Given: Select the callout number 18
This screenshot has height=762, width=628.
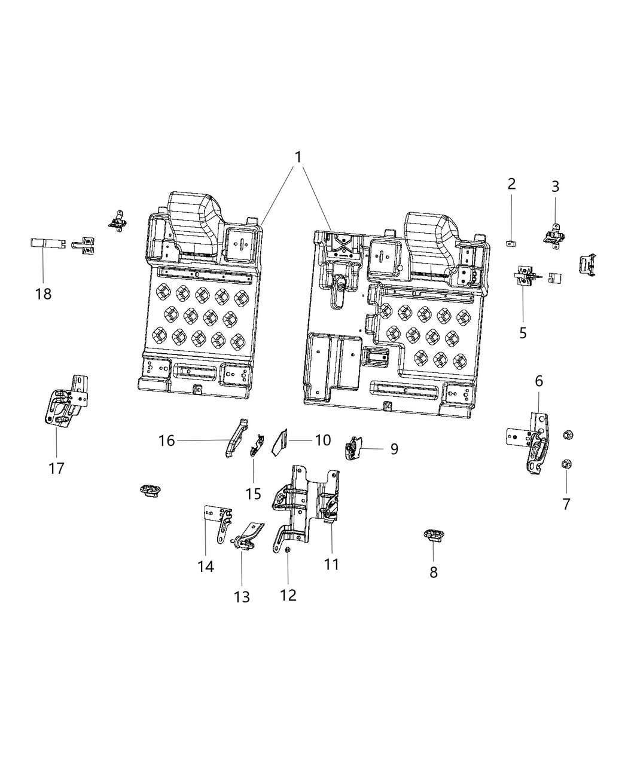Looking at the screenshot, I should pyautogui.click(x=43, y=294).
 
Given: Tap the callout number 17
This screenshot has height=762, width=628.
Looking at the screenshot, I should pyautogui.click(x=56, y=468).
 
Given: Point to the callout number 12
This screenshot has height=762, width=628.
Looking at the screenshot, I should pyautogui.click(x=288, y=595).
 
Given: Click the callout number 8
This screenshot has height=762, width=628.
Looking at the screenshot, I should pyautogui.click(x=434, y=572).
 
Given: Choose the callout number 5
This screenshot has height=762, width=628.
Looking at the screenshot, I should pyautogui.click(x=523, y=332).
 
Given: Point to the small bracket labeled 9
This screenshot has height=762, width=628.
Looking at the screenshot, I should pyautogui.click(x=354, y=447).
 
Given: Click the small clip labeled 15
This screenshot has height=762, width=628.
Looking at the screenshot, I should pyautogui.click(x=257, y=445).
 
